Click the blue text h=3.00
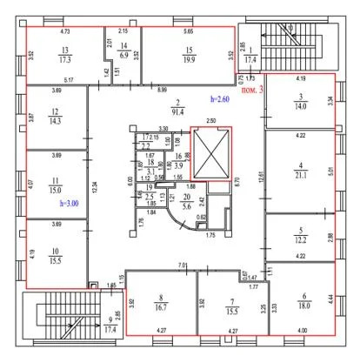(x=69, y=203)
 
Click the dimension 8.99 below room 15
(x=162, y=90)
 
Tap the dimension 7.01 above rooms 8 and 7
(x=183, y=265)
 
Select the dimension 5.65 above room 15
(x=189, y=30)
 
